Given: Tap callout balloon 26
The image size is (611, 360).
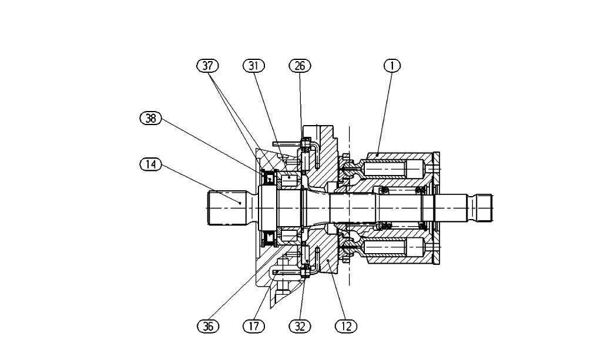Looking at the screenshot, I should (300, 66).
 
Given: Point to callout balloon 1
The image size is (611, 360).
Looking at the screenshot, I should (392, 66).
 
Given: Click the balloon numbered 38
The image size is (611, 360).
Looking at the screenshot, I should (150, 118).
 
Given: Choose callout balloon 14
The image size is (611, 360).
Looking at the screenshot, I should (150, 164).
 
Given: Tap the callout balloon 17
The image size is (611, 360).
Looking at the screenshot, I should (254, 326).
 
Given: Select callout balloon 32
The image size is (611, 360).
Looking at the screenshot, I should (300, 326).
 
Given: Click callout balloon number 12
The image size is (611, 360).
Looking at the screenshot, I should (346, 326).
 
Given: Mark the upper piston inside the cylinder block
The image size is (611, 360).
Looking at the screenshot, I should (394, 169).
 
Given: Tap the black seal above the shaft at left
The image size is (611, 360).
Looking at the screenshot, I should (269, 175).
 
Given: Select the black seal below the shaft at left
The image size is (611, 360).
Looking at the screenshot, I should (269, 238).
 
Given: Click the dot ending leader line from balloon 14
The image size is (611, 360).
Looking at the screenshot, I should (241, 202).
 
